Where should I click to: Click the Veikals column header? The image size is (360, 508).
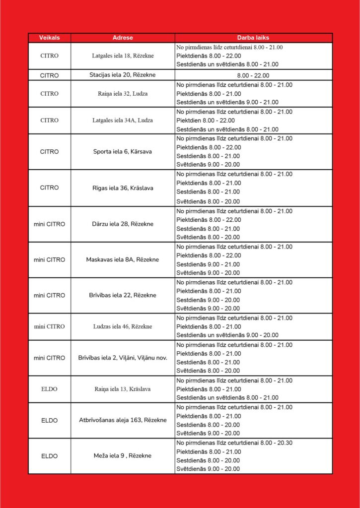point(49,38)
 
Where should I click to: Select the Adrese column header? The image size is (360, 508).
point(123,38)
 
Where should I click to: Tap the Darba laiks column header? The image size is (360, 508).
point(253,38)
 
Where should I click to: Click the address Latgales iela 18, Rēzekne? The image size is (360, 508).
point(123,56)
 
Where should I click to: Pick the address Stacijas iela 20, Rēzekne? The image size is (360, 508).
point(123,75)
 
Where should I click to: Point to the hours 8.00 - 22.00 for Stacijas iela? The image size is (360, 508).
point(253,75)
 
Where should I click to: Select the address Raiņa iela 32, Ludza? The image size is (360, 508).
point(123,94)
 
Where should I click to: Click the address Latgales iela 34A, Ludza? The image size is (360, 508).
point(123,121)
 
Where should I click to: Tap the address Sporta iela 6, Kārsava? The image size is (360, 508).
point(123,152)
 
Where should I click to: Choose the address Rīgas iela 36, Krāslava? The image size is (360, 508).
point(123,188)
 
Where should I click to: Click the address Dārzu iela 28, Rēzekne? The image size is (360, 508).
point(123,224)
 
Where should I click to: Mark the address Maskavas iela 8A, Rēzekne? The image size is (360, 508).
point(123,259)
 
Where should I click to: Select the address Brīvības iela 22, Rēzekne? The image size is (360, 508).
point(123,295)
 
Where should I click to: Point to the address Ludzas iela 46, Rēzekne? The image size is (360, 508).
point(123,326)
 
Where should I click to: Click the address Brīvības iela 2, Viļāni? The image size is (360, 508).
point(123,358)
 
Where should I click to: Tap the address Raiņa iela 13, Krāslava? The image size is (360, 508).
point(123,389)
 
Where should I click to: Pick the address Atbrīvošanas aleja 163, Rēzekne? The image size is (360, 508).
point(123,420)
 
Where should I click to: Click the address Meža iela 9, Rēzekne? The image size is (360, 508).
point(123,456)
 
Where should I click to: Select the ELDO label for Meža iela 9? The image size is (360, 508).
point(49,456)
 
